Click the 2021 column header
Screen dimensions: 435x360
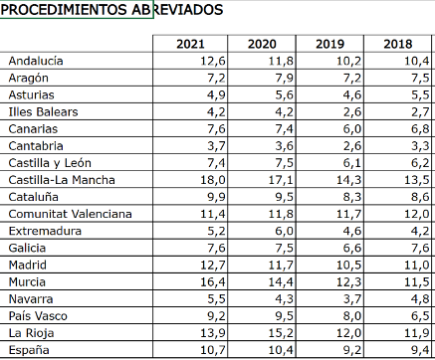(190, 44)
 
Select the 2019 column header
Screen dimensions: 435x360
(329, 44)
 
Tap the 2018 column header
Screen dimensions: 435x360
(398, 44)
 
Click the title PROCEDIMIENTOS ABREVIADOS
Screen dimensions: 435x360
(111, 10)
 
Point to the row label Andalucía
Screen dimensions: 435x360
(36, 61)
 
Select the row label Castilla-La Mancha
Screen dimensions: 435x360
(62, 180)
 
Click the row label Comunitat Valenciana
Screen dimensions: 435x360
(71, 214)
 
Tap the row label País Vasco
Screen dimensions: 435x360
(38, 316)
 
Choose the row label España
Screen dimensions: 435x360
(29, 350)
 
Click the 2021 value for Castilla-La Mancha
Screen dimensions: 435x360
(213, 180)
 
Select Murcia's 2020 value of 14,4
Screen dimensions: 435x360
(281, 282)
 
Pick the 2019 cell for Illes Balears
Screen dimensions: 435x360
(352, 112)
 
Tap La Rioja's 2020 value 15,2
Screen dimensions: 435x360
(281, 333)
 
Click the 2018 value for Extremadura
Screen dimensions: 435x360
(420, 231)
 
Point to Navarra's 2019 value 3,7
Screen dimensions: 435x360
(352, 299)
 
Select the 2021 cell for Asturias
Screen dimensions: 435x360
(216, 95)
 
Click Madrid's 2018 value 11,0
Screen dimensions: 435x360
(417, 266)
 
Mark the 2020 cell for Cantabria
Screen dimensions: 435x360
(285, 146)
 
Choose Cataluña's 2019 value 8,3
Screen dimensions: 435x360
(352, 197)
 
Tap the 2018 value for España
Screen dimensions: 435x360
(420, 350)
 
